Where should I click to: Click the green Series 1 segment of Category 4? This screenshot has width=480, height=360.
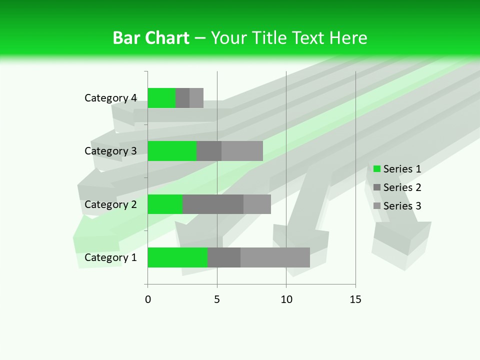pos(161,98)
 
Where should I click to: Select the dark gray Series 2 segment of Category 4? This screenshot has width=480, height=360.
pos(182,98)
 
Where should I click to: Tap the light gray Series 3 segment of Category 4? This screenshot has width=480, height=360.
pos(196,98)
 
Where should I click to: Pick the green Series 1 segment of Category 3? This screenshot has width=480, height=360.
pos(172,151)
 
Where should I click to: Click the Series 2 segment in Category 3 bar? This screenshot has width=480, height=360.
pos(209,151)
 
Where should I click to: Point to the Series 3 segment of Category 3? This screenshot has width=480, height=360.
pos(242,151)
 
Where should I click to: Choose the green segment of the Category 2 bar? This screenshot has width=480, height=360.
pos(165,204)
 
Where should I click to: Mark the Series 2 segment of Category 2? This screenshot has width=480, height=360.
pos(213,204)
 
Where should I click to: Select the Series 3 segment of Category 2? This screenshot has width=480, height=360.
pos(257,204)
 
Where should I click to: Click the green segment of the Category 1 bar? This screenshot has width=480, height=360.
pos(177,257)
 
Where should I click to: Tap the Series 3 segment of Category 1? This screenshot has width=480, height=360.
pos(275,257)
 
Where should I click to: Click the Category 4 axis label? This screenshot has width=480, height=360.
pos(110,98)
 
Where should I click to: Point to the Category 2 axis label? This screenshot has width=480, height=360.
pos(110,204)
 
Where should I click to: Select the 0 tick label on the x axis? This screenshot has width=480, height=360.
pos(148,300)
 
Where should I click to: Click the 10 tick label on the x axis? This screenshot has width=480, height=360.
pos(286,300)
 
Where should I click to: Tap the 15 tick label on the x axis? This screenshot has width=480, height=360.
pos(355,300)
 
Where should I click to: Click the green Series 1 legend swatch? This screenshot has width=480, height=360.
pos(377,169)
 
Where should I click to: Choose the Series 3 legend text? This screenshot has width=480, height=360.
pos(402,206)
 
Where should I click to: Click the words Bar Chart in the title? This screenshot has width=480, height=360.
pos(151,38)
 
